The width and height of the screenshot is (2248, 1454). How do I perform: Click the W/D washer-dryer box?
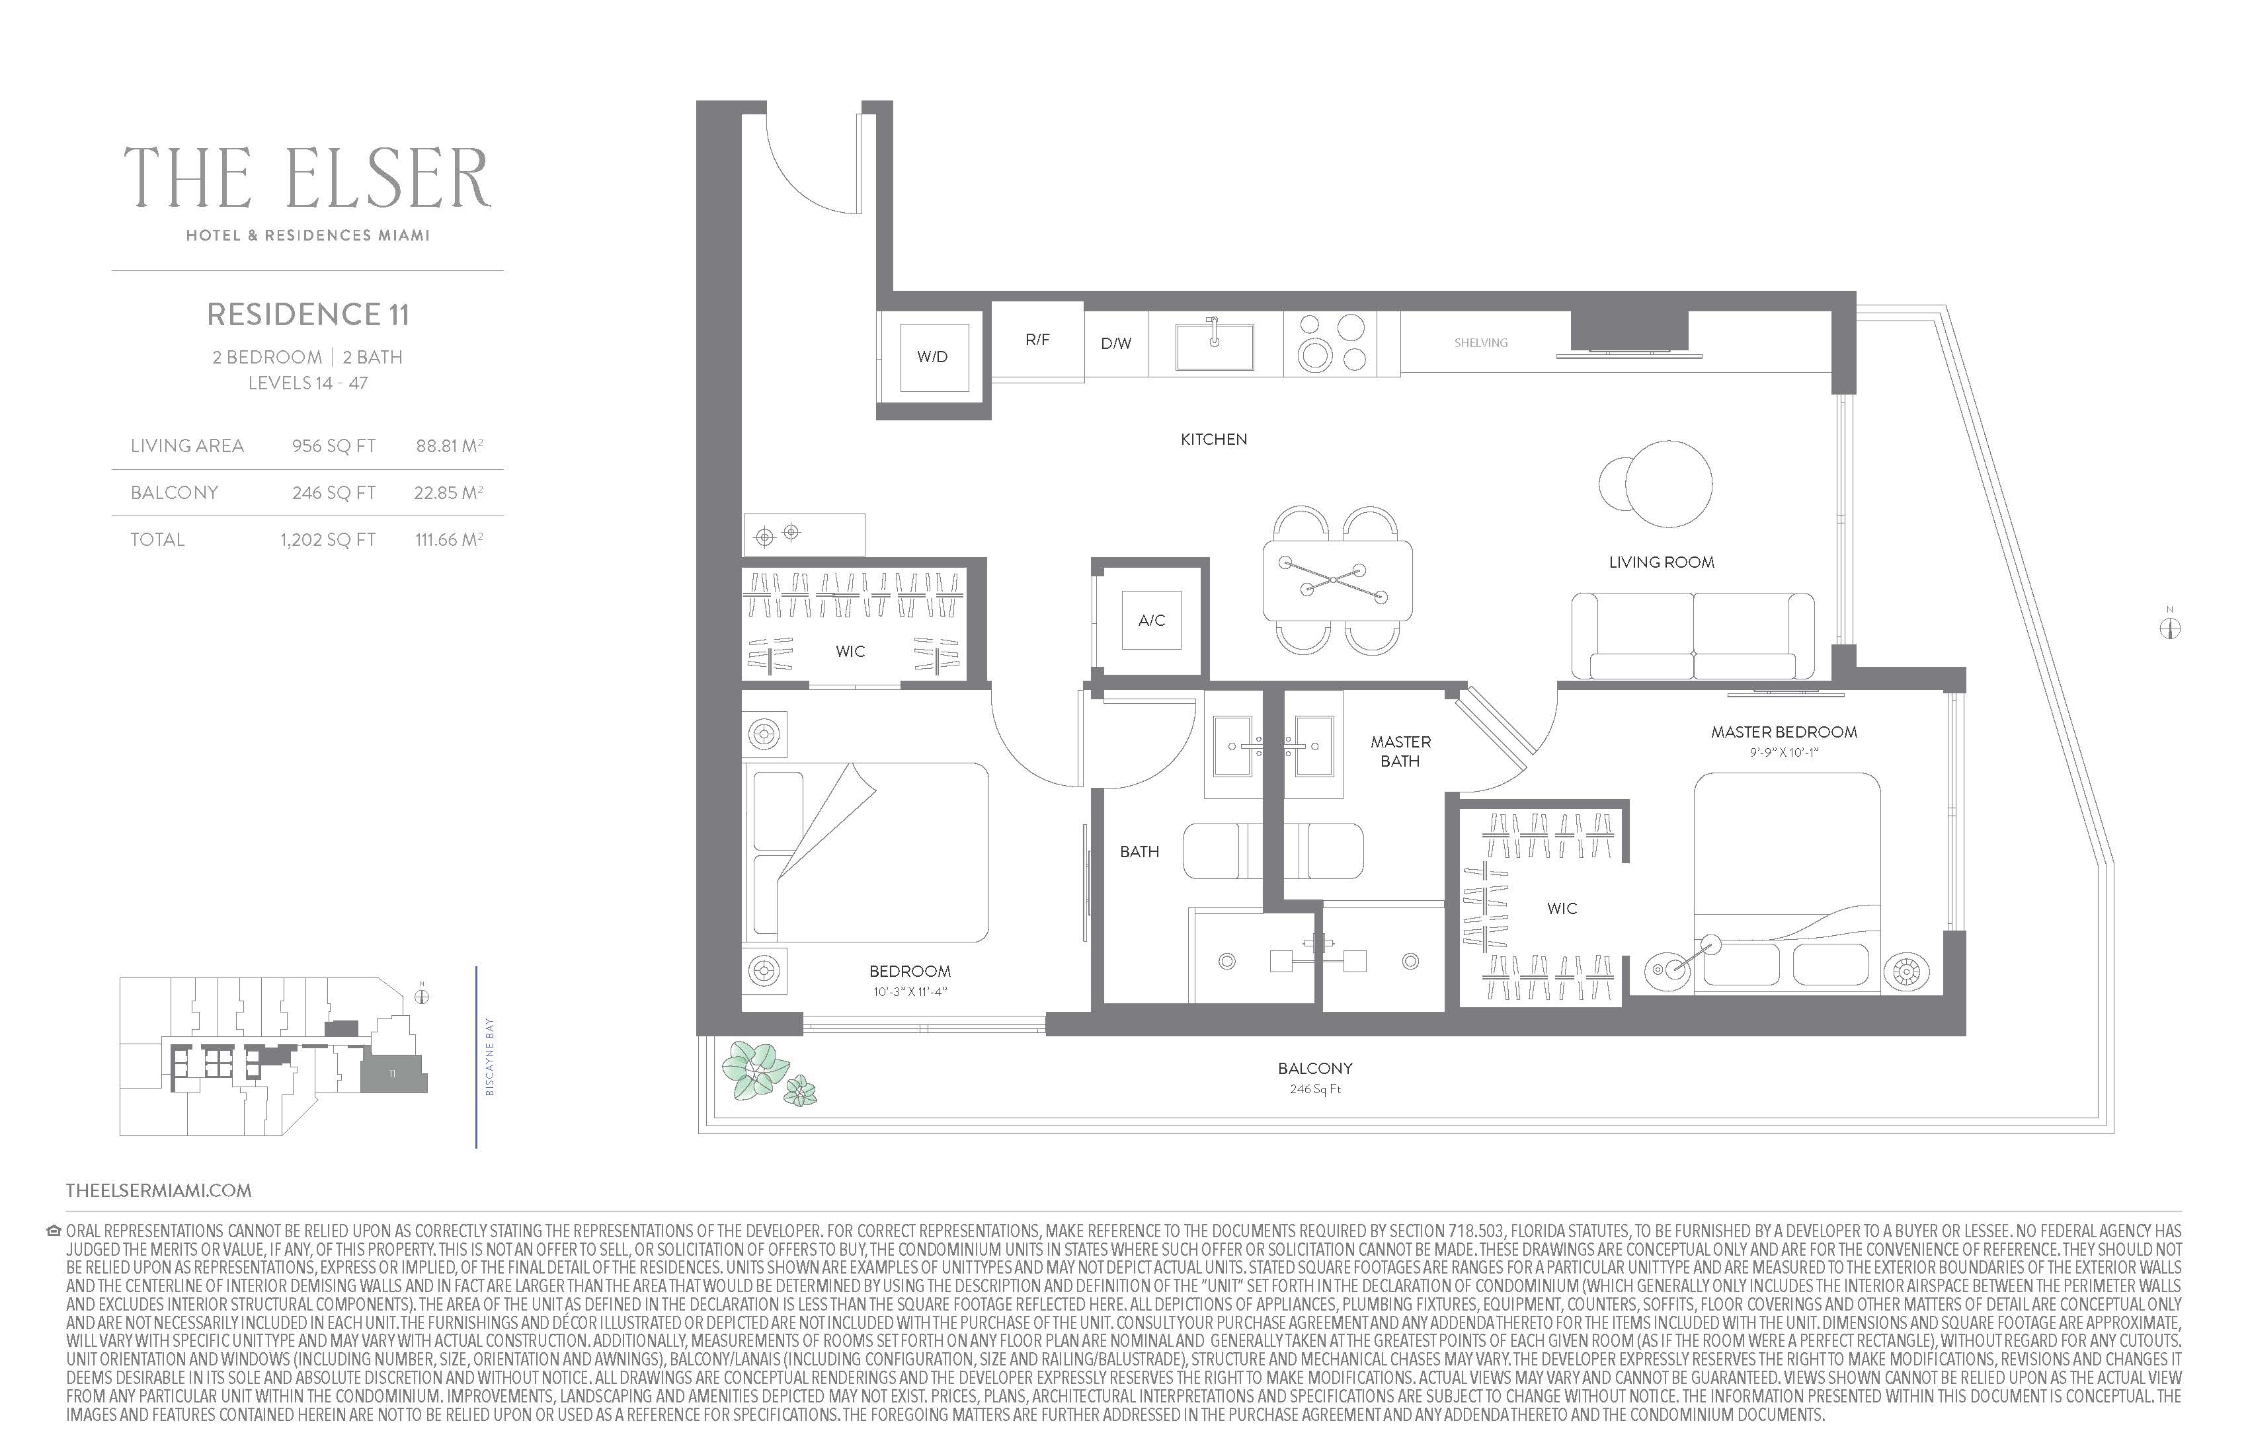tap(933, 357)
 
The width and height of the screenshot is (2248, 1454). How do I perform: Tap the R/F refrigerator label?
tap(1037, 339)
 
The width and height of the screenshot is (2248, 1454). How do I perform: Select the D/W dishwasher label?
tap(1115, 344)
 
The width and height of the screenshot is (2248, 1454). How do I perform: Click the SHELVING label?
tap(1480, 343)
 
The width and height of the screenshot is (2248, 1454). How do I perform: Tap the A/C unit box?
tap(1151, 621)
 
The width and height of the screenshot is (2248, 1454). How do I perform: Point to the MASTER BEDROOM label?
tap(1783, 732)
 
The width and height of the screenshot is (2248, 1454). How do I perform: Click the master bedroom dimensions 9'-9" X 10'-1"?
tap(1783, 753)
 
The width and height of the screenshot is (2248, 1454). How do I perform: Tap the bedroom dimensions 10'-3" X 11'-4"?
tap(910, 991)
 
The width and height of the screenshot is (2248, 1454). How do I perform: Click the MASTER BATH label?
tap(1401, 751)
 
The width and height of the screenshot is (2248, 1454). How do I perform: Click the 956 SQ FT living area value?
tap(333, 445)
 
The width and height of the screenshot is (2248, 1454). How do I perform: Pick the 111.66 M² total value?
tap(450, 539)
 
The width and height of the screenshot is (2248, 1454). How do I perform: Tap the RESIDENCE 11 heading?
tap(308, 315)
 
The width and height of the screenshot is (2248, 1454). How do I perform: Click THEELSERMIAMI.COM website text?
tap(159, 1190)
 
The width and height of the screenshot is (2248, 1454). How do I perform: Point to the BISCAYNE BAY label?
tap(489, 1057)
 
